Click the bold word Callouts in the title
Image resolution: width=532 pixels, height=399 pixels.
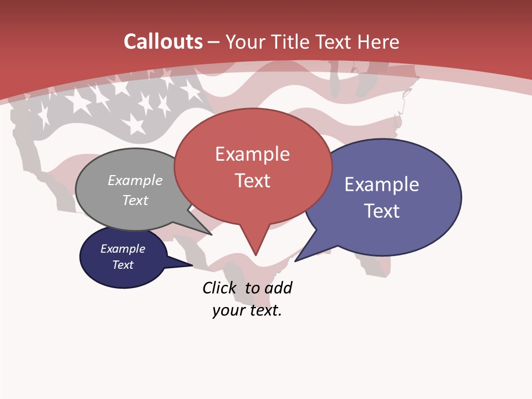pos(163,42)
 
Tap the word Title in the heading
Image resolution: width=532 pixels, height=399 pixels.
pos(290,42)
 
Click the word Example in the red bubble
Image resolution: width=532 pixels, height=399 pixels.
pos(252,154)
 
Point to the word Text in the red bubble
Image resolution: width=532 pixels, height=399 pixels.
pos(252,181)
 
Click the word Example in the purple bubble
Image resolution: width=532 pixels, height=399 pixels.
pos(382,185)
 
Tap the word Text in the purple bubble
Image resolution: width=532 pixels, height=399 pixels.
pos(382,211)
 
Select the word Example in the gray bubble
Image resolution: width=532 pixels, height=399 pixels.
pos(135,180)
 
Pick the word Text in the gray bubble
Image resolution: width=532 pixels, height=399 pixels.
pos(135,200)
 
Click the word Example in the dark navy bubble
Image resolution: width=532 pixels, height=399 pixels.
pos(122,249)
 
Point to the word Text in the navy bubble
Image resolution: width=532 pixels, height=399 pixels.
pos(122,265)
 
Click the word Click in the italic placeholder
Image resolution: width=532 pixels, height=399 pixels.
pos(219,288)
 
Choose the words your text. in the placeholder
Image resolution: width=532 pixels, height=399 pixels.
pos(247,310)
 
